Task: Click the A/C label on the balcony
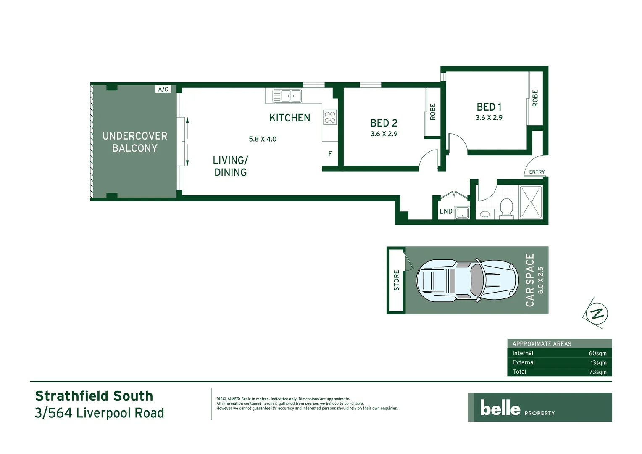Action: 163,89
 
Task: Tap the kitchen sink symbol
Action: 287,96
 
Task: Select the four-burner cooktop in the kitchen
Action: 330,117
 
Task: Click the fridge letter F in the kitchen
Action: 330,154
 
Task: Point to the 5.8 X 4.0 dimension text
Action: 263,139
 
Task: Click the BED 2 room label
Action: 384,123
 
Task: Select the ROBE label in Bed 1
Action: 535,98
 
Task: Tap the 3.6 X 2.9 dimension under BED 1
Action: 489,118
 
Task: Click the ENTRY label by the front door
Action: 537,172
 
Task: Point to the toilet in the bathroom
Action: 507,208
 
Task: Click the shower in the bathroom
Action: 531,202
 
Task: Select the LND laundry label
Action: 446,211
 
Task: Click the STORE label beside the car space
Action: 396,280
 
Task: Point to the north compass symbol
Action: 596,313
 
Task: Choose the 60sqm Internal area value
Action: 597,354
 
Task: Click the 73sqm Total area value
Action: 597,372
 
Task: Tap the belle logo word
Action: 500,408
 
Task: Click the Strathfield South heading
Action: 94,396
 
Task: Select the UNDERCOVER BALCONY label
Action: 135,142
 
